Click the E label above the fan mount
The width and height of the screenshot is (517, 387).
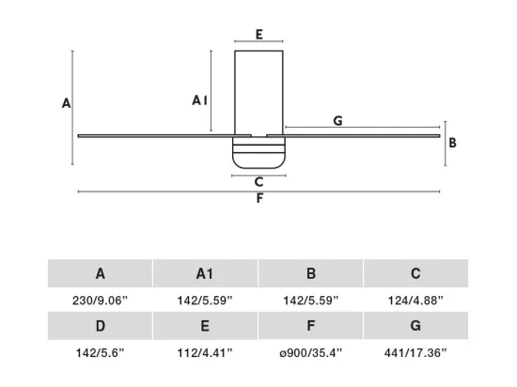259,34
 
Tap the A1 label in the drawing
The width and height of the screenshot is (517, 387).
200,101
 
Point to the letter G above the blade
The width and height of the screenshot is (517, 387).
338,121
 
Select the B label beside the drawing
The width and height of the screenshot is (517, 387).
453,143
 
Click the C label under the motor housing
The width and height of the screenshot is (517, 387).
259,182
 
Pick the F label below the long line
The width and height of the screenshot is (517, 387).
259,198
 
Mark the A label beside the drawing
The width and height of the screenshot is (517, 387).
67,103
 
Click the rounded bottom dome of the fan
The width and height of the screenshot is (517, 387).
258,161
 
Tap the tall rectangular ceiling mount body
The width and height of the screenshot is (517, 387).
258,93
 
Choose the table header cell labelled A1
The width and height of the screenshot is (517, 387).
205,273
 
